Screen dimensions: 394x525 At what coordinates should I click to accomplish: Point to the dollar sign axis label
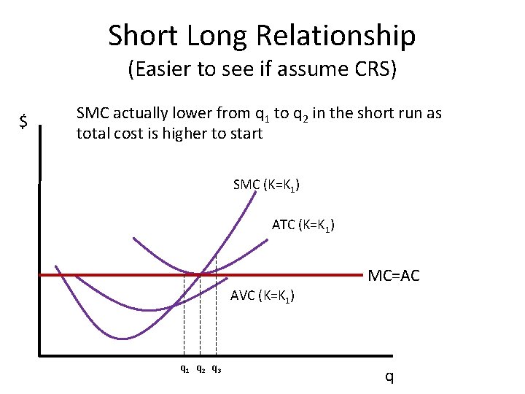tap(23, 122)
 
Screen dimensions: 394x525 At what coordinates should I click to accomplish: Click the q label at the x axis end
tap(389, 376)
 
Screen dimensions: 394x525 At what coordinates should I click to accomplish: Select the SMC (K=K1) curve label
tap(267, 185)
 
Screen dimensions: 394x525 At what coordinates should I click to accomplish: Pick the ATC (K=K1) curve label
tap(303, 225)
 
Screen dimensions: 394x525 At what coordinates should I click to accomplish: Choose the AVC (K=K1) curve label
tap(262, 296)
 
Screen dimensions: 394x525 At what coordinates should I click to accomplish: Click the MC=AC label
tap(394, 277)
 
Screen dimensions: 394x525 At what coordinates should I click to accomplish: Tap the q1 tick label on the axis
tap(185, 368)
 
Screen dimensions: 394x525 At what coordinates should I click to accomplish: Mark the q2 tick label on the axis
tap(201, 368)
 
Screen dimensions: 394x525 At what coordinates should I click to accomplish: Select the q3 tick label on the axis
tap(217, 368)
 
